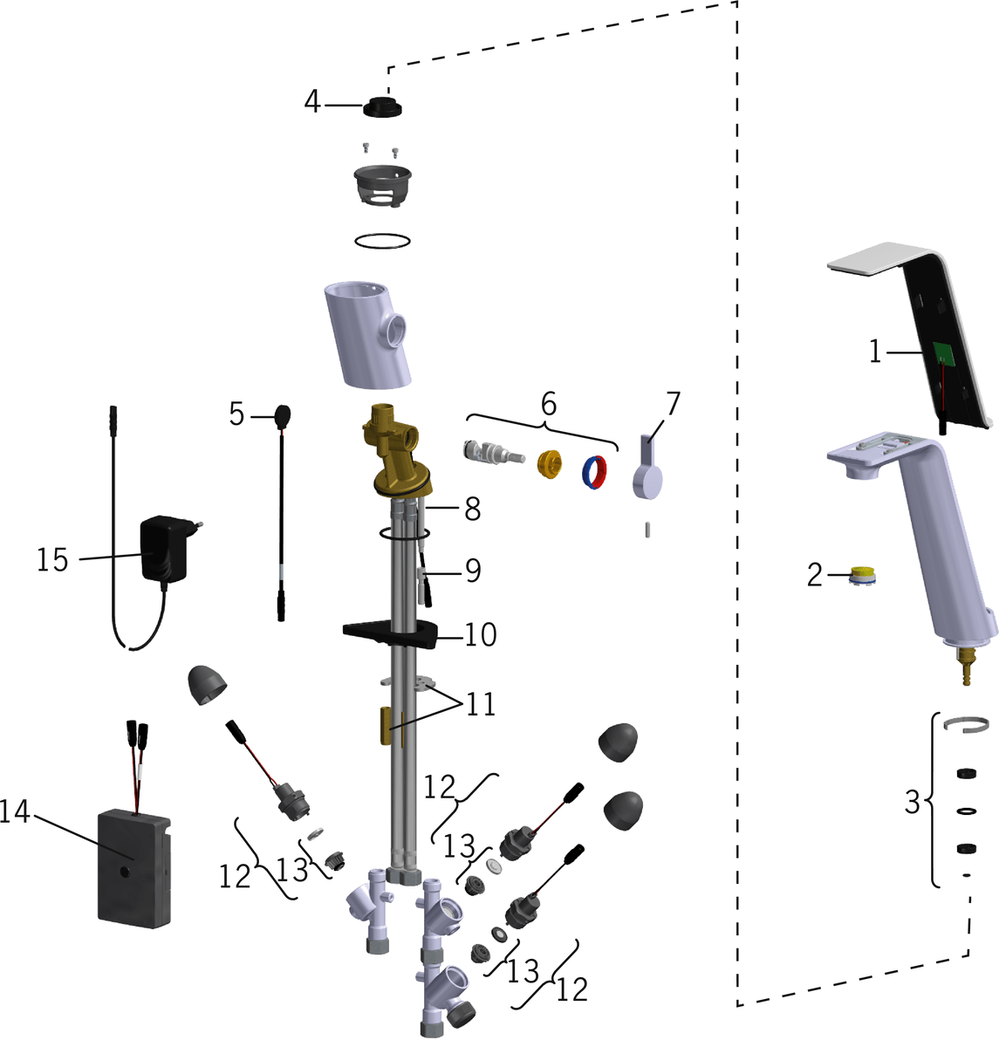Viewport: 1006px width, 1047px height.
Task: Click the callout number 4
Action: pyautogui.click(x=312, y=102)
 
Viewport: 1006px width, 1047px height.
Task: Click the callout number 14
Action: pyautogui.click(x=15, y=812)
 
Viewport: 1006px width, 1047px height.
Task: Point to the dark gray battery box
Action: pyautogui.click(x=133, y=867)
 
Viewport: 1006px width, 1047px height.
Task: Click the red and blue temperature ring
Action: pyautogui.click(x=595, y=472)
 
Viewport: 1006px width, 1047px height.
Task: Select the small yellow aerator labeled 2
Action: pyautogui.click(x=863, y=575)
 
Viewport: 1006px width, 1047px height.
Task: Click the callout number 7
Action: pyautogui.click(x=673, y=405)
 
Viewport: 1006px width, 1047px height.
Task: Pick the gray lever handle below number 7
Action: pyautogui.click(x=647, y=472)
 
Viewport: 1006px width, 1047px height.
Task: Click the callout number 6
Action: pyautogui.click(x=549, y=405)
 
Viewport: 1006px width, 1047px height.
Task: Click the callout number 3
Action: pyautogui.click(x=912, y=802)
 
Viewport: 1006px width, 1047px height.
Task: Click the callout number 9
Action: pyautogui.click(x=472, y=571)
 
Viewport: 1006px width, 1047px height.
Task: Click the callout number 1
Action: pyautogui.click(x=875, y=352)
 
